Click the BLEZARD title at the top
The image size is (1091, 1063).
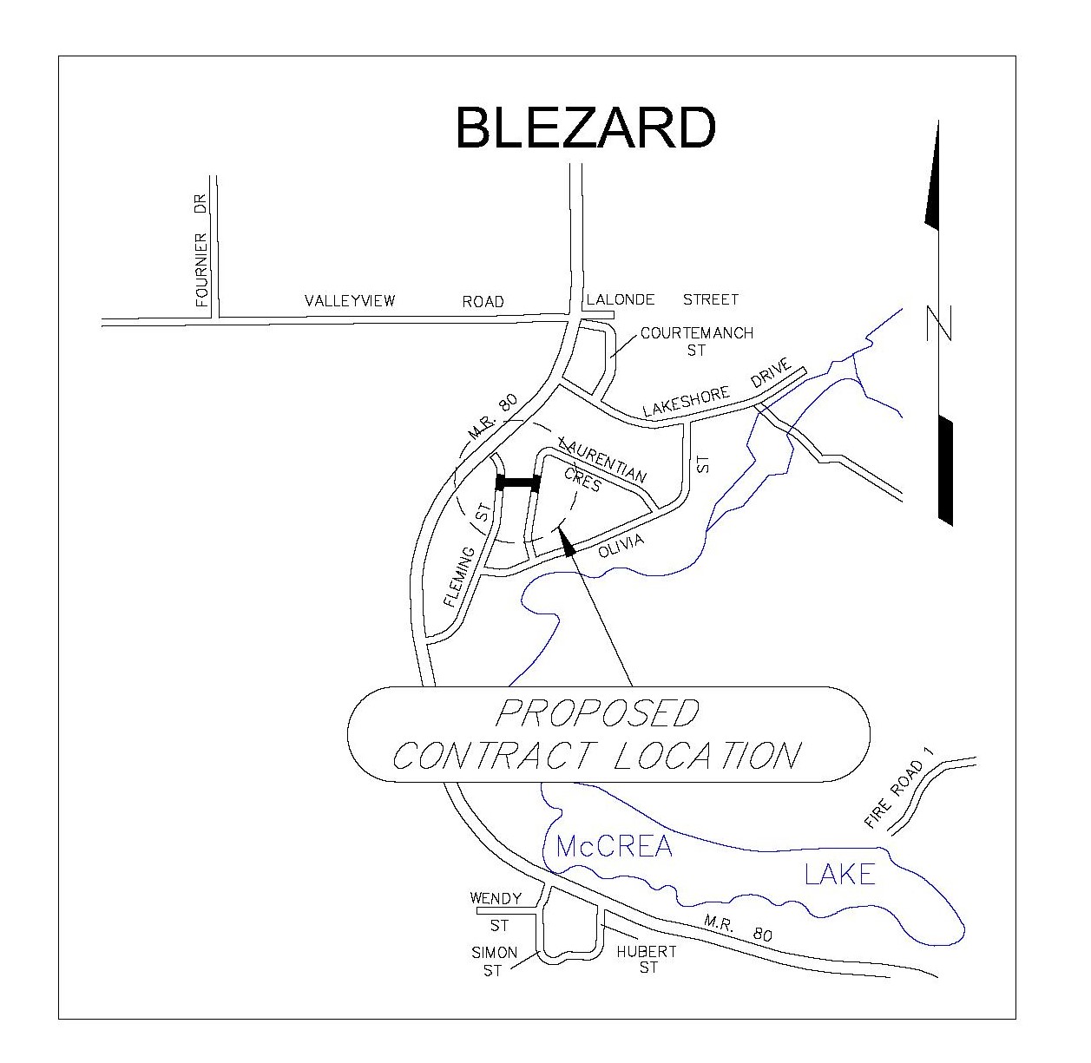(x=586, y=128)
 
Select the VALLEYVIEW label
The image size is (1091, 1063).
(x=350, y=301)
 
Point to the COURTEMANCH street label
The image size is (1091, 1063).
(x=696, y=333)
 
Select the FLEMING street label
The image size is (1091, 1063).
(x=459, y=576)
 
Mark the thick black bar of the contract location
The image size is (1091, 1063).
(x=518, y=483)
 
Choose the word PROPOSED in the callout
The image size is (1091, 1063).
(x=597, y=713)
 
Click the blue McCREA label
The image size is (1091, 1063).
(x=614, y=846)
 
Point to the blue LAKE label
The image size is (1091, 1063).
(x=839, y=873)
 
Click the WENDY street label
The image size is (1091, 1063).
(x=496, y=899)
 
